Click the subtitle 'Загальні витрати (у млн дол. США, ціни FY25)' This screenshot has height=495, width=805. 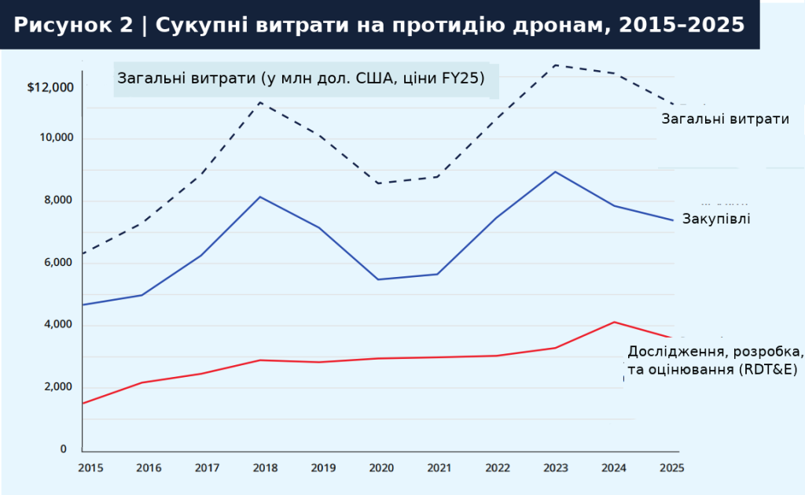[301, 79]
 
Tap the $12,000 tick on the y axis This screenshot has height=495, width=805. [50, 87]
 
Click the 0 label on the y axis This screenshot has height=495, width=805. [64, 449]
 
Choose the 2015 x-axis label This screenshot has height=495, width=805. [90, 467]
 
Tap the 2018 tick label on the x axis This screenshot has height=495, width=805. [265, 467]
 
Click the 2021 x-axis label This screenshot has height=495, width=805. [439, 467]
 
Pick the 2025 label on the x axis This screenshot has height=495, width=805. [671, 467]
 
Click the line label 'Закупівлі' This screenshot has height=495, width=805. [716, 219]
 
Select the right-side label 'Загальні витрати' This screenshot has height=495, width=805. [725, 119]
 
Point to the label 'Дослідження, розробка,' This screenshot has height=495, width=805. [715, 351]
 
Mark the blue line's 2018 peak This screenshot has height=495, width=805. [261, 197]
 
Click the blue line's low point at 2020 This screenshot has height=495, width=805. [378, 279]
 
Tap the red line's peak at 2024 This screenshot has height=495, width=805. [615, 322]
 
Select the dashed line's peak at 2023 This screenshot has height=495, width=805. [556, 65]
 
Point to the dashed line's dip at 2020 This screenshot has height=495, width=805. [378, 183]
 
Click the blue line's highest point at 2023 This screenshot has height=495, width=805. [556, 172]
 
